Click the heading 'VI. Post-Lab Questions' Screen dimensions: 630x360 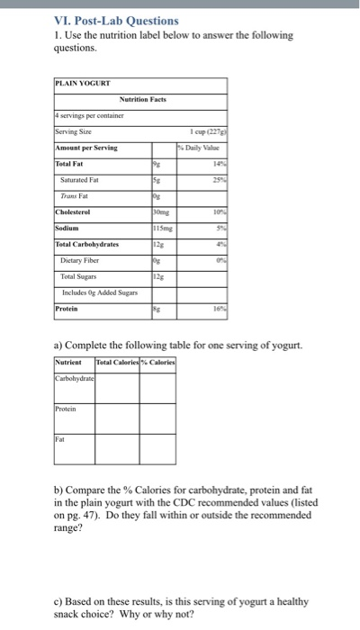click(x=117, y=20)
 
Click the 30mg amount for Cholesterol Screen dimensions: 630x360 click(x=160, y=212)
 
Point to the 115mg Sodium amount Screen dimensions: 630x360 click(x=162, y=229)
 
